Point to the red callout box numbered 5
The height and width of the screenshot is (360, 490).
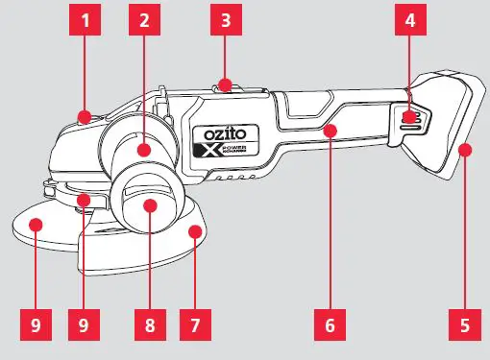465,324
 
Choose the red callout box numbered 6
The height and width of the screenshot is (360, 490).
329,324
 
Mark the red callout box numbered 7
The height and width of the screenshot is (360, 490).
195,324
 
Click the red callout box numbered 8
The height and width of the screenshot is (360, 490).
149,324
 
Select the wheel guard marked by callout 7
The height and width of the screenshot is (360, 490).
173,230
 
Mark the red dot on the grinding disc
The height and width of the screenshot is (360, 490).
36,224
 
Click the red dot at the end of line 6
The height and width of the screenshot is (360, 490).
329,128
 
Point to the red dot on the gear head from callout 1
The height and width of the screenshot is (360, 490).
85,118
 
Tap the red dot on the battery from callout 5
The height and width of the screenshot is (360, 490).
465,148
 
